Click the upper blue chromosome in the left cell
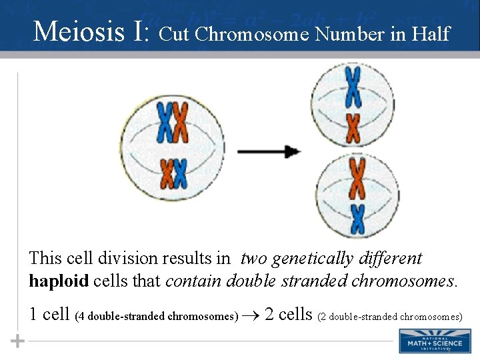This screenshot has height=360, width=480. [x=164, y=123]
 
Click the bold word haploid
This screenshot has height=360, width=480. [x=59, y=281]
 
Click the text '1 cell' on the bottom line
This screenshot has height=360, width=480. [x=51, y=313]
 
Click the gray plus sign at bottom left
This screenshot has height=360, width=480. [x=18, y=341]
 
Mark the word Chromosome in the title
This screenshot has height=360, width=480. [x=253, y=33]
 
